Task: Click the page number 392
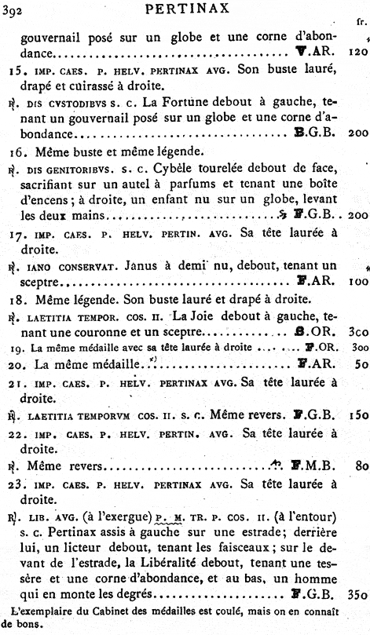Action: coord(12,9)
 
